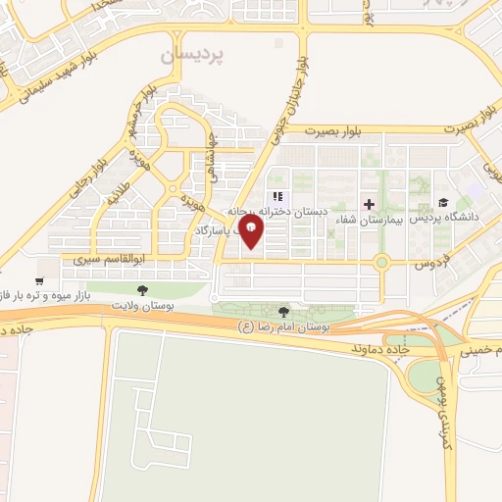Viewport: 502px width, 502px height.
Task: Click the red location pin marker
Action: pos(252,232)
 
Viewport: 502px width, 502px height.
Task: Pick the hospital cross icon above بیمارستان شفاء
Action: pos(369,204)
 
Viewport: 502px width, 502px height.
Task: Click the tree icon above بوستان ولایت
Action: pos(143,290)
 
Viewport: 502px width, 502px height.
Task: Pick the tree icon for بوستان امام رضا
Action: pos(284,310)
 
